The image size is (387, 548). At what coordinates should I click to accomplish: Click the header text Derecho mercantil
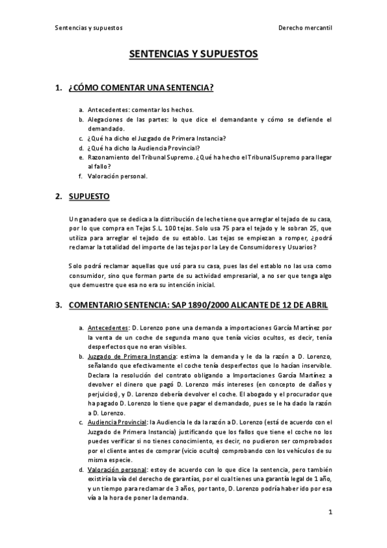pos(305,28)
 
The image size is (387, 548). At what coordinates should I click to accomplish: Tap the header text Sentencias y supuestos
pos(89,28)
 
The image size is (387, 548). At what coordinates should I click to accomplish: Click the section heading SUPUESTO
pos(89,196)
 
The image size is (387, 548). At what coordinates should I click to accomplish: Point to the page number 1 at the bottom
pos(329,512)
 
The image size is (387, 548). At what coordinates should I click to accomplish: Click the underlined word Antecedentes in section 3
pos(107,328)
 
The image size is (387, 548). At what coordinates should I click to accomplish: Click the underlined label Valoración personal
pos(117,469)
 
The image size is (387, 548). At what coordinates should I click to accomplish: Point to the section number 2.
pos(58,196)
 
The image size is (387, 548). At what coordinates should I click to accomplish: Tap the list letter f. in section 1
pos(81,176)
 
